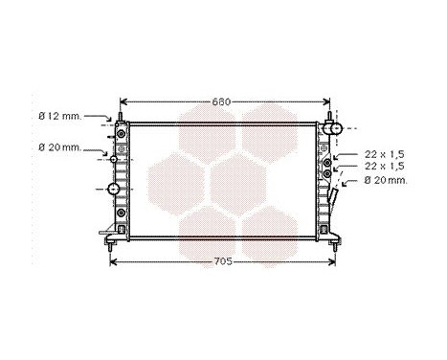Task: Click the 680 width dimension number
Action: [x=222, y=101]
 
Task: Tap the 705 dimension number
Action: [x=222, y=259]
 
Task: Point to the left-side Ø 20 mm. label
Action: [x=59, y=147]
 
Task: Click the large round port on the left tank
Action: [x=117, y=190]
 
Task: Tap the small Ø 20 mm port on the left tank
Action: [x=114, y=159]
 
